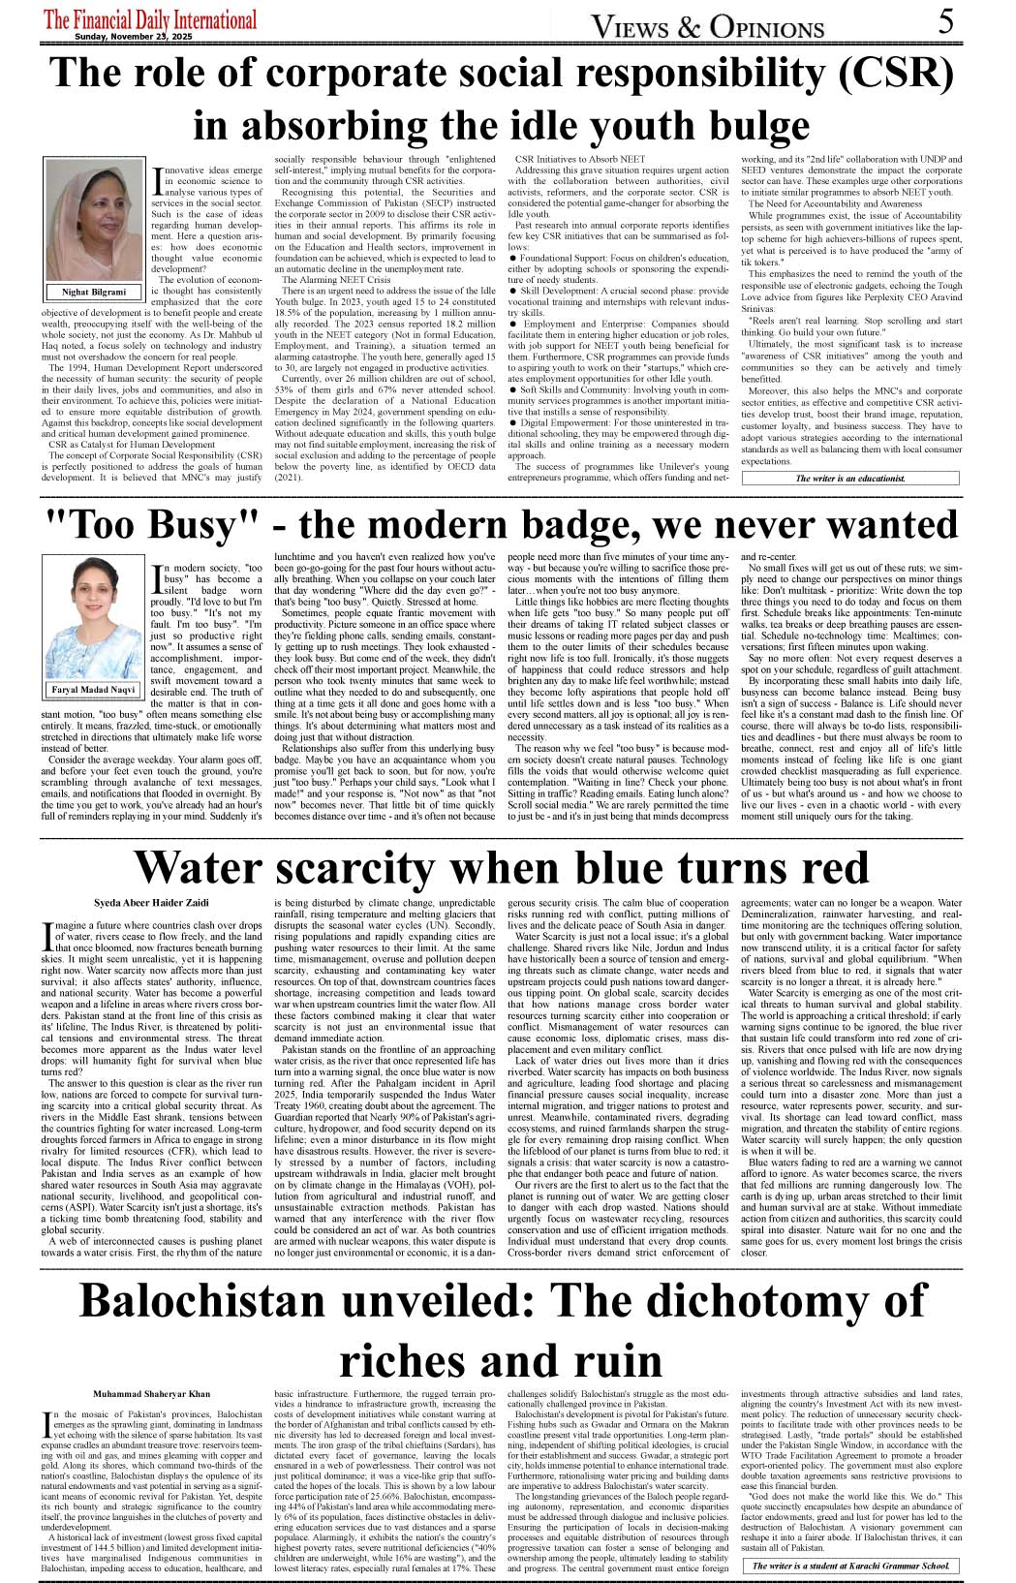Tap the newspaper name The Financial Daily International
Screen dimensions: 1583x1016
[150, 19]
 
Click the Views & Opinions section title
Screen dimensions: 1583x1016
[707, 27]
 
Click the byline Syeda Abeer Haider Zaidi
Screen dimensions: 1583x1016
[151, 902]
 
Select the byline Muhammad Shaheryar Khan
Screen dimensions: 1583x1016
[151, 1393]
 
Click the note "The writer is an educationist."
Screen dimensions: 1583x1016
[850, 479]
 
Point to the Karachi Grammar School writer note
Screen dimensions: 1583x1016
[850, 1566]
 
